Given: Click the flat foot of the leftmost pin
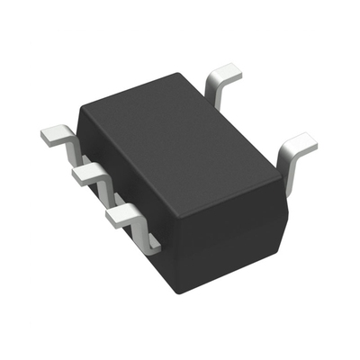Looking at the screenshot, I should [x=54, y=136].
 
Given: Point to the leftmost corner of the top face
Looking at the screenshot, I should [x=81, y=108].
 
